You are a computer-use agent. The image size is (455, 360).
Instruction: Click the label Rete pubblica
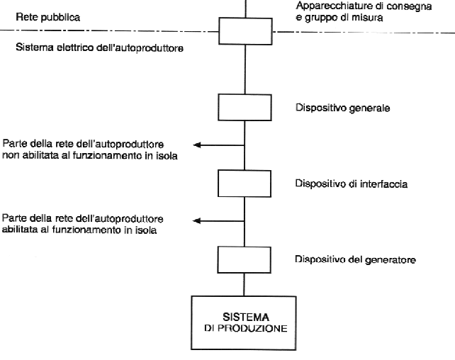[x=48, y=17]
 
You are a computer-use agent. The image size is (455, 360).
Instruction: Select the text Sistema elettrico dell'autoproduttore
[x=99, y=47]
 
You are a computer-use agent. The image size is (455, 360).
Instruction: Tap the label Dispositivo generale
[x=343, y=108]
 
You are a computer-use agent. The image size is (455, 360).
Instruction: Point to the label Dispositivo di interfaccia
[x=352, y=184]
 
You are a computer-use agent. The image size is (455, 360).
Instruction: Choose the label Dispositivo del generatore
[x=356, y=259]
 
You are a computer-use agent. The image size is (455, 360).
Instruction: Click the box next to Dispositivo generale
[x=245, y=107]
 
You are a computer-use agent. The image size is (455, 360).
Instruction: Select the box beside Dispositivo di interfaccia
[x=245, y=184]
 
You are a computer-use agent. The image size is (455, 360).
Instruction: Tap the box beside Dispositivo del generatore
[x=245, y=260]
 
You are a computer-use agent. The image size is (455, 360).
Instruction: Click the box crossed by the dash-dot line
[x=245, y=31]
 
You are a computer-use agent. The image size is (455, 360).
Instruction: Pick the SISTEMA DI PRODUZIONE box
[x=244, y=323]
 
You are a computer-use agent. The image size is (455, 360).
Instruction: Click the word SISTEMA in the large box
[x=246, y=317]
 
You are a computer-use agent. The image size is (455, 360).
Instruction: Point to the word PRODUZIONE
[x=252, y=328]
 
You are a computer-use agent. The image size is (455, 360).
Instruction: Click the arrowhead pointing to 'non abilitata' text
[x=197, y=145]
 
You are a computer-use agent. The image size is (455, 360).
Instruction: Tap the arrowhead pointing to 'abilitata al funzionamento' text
[x=196, y=221]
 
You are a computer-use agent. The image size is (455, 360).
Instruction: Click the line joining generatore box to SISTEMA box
[x=244, y=285]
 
